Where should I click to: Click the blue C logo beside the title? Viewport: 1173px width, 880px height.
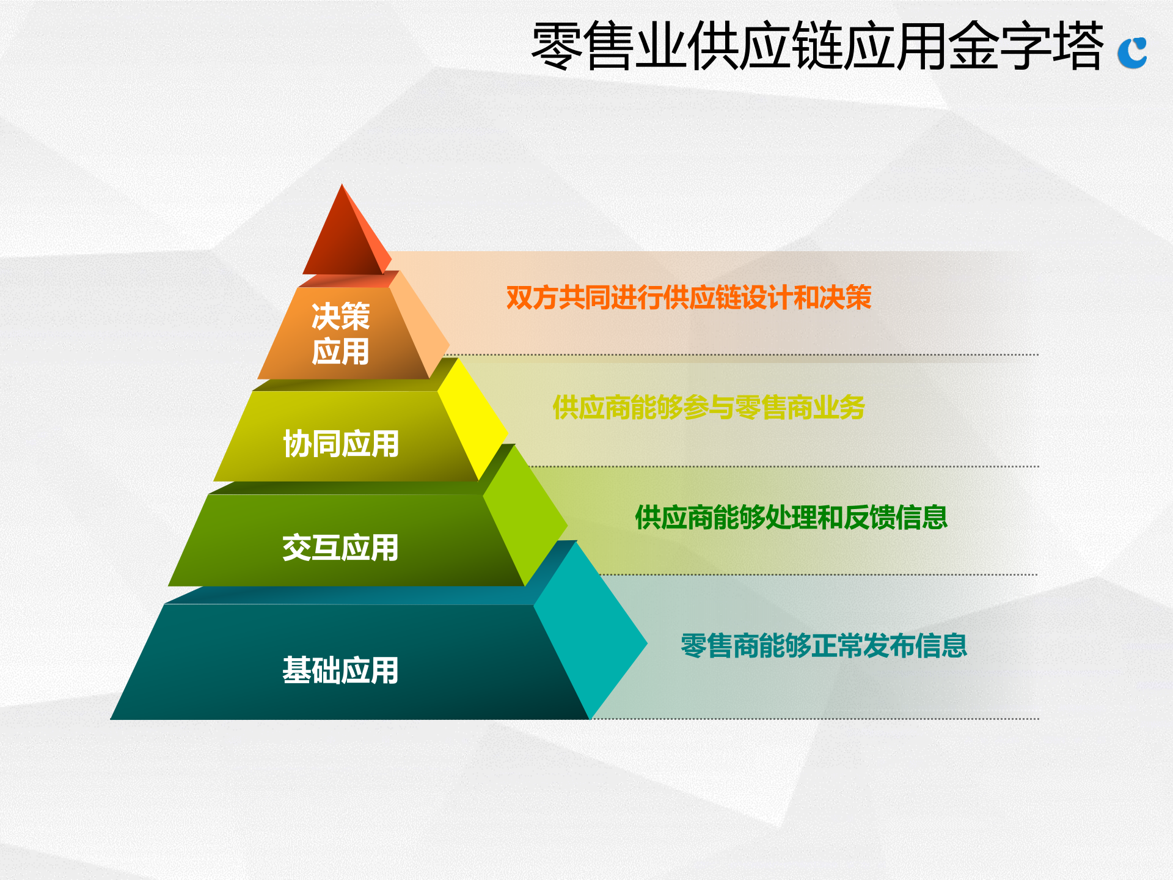click(x=1132, y=53)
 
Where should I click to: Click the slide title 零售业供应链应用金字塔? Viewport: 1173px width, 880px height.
click(x=817, y=46)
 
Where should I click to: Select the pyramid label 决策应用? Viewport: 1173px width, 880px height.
click(x=340, y=334)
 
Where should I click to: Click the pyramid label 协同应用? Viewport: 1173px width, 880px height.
click(x=340, y=444)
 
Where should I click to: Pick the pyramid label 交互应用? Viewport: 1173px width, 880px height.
click(x=340, y=548)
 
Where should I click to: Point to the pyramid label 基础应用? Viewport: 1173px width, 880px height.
click(x=340, y=670)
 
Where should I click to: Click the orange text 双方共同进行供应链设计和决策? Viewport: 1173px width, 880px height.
click(x=689, y=298)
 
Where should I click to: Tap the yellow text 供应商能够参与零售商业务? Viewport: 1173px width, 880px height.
click(x=709, y=408)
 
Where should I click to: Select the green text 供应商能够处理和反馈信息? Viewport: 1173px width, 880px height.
click(x=791, y=518)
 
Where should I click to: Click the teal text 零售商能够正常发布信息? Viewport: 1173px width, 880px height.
click(x=824, y=646)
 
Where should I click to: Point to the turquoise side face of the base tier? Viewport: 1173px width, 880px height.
click(x=590, y=629)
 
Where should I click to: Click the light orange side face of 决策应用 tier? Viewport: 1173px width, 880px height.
click(x=419, y=324)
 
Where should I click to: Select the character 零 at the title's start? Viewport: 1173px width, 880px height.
click(x=557, y=46)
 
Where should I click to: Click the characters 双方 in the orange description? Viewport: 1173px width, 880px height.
click(x=532, y=298)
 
